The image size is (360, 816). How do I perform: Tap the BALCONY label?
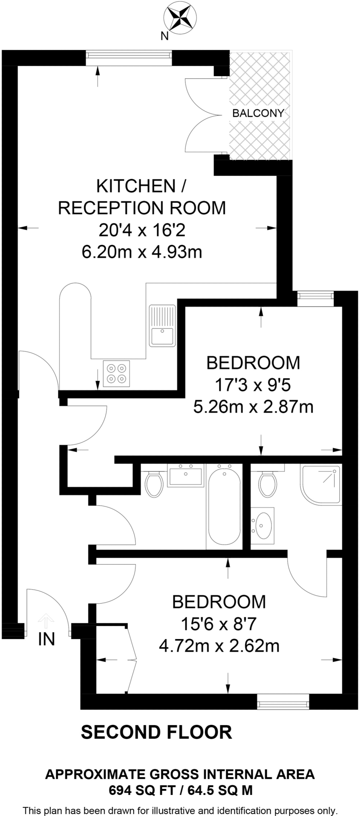click(x=258, y=113)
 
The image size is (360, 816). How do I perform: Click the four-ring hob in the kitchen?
click(x=116, y=373)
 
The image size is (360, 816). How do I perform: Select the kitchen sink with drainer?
click(x=162, y=325)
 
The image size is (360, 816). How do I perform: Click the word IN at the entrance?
click(x=46, y=639)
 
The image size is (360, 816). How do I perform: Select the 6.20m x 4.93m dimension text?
click(x=142, y=252)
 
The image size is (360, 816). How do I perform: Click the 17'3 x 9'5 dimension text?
click(x=253, y=385)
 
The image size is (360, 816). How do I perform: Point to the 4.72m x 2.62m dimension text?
click(x=219, y=645)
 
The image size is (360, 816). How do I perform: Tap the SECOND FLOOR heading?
click(x=157, y=732)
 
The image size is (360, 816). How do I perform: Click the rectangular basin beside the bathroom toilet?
click(x=186, y=475)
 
